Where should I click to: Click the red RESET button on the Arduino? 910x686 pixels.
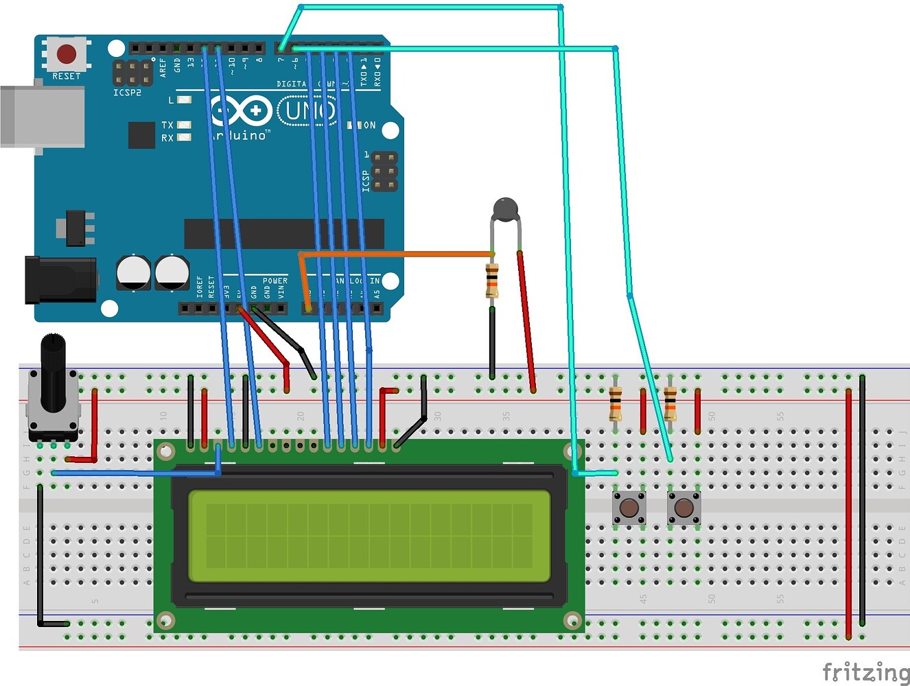pyautogui.click(x=66, y=54)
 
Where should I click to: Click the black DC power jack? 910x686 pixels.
pyautogui.click(x=59, y=279)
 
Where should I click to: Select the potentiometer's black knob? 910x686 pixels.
pyautogui.click(x=54, y=370)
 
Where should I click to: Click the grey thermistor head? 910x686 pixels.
pyautogui.click(x=506, y=209)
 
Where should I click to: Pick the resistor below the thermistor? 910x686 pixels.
pyautogui.click(x=492, y=280)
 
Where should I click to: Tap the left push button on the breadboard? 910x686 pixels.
pyautogui.click(x=629, y=508)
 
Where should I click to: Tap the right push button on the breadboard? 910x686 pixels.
pyautogui.click(x=684, y=508)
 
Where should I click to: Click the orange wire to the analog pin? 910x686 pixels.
pyautogui.click(x=398, y=255)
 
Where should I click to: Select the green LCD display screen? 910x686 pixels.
pyautogui.click(x=369, y=536)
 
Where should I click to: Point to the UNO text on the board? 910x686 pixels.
pyautogui.click(x=307, y=110)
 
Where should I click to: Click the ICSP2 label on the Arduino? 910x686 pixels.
pyautogui.click(x=127, y=93)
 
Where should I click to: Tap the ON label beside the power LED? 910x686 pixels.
pyautogui.click(x=369, y=126)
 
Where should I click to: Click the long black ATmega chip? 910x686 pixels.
pyautogui.click(x=283, y=234)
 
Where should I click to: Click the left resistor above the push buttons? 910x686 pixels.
pyautogui.click(x=616, y=403)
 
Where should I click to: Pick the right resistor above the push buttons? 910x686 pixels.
pyautogui.click(x=670, y=403)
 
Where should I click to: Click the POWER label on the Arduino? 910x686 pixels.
pyautogui.click(x=275, y=281)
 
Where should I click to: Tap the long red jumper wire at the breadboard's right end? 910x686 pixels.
pyautogui.click(x=849, y=514)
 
